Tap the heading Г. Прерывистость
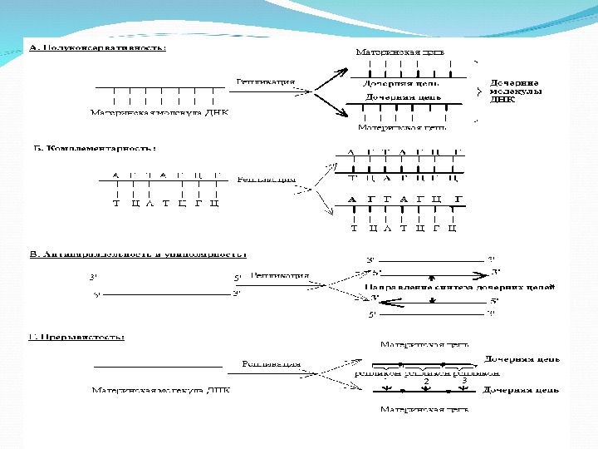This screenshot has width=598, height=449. point(77,337)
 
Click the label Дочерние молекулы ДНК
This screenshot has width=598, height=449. point(516,91)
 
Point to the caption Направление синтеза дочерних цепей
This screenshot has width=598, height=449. point(459,286)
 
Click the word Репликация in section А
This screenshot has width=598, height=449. point(265,81)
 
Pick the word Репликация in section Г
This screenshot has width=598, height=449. point(271,363)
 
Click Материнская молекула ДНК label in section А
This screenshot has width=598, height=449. point(159,111)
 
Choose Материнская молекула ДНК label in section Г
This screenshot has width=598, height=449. point(161,388)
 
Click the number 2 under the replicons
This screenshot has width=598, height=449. point(426,381)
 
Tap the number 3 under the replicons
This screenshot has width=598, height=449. point(463,381)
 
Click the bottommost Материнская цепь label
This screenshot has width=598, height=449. point(424,409)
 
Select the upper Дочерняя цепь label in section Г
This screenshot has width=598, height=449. point(522,359)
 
